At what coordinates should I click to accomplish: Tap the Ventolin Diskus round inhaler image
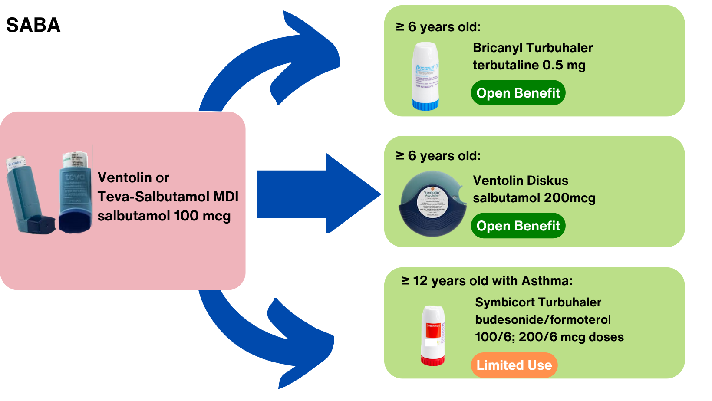coord(432,204)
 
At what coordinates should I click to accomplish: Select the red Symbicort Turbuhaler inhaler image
coord(433,335)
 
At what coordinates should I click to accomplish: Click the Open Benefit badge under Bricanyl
coord(518,93)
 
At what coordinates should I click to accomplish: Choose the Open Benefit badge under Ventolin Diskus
coord(518,226)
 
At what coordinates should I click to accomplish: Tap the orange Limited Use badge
coord(514,365)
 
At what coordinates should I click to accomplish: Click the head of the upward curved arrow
coord(308,56)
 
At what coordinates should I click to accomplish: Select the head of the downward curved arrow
coord(304,347)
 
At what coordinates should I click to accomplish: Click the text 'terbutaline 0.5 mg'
coord(529,65)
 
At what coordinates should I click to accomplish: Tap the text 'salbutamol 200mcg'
coord(534,198)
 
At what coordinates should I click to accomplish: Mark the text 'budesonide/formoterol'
coord(543,320)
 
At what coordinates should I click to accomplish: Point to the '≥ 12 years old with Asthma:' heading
coord(487,281)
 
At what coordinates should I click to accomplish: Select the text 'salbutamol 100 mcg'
coord(164,216)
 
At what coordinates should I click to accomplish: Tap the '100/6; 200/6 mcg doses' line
coord(549,337)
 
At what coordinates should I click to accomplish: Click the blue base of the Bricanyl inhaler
coord(425,105)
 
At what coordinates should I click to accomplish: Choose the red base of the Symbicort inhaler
coord(433,360)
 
